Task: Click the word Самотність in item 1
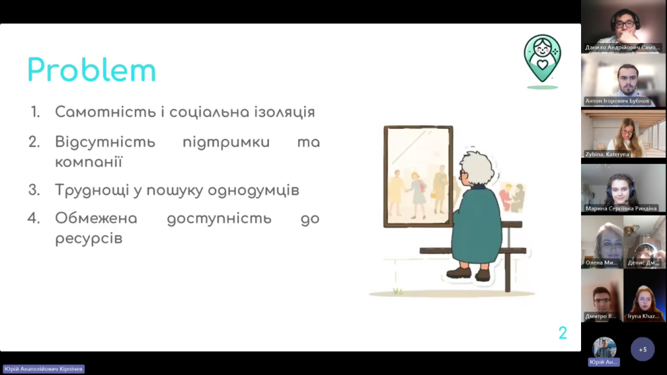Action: (105, 112)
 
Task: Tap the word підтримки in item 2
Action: (226, 142)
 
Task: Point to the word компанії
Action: (89, 162)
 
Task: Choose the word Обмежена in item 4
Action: (96, 218)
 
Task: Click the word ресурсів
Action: (89, 238)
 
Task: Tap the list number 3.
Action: (34, 190)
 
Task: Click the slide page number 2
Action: (562, 333)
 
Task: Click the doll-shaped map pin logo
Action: (543, 59)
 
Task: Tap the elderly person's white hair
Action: (477, 167)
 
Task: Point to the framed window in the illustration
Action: (418, 176)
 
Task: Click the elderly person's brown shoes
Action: (468, 273)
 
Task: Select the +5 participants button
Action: (642, 350)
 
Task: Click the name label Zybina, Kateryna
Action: (607, 154)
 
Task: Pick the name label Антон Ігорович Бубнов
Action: (617, 101)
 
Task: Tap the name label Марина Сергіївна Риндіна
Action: (621, 208)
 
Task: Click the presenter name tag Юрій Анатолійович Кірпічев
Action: (44, 369)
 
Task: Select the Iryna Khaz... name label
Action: (643, 316)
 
